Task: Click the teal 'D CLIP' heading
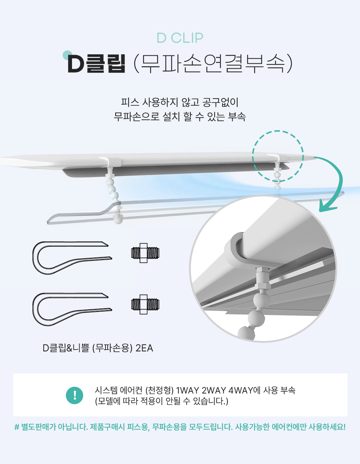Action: click(180, 38)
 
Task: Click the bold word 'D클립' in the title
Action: click(96, 63)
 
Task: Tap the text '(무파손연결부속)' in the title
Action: click(212, 63)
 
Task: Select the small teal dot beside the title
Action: click(67, 55)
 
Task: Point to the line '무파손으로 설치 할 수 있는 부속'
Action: click(180, 117)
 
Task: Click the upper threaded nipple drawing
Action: click(145, 253)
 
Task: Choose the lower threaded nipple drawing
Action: click(145, 304)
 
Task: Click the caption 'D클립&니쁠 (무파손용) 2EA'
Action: click(98, 348)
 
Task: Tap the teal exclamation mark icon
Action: click(75, 395)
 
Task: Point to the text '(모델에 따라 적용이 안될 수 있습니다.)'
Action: click(162, 401)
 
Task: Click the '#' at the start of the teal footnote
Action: click(17, 427)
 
